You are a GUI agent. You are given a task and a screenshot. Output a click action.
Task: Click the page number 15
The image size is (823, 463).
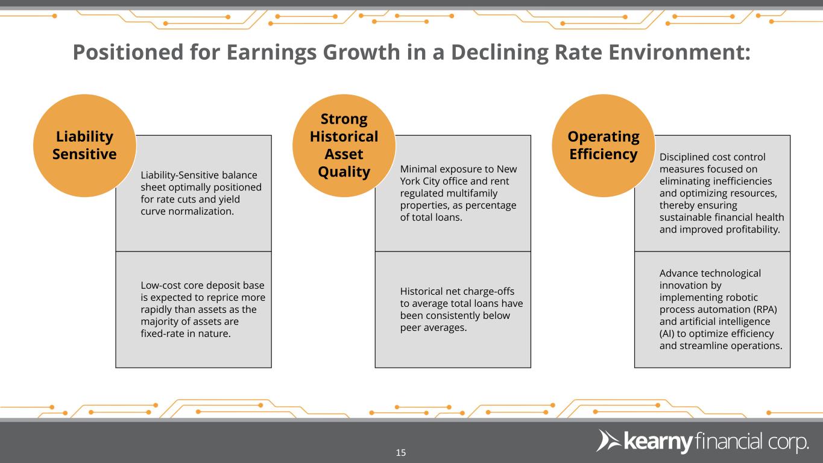401,452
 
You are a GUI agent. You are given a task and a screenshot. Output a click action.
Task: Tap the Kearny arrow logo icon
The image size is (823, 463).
609,440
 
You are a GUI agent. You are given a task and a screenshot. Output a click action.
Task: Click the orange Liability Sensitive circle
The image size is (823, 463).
84,145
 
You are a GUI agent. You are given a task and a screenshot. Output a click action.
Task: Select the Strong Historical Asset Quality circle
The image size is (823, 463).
344,145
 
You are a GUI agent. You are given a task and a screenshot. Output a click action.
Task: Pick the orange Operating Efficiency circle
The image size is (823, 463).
604,145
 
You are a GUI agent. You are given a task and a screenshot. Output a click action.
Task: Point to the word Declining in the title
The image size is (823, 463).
499,53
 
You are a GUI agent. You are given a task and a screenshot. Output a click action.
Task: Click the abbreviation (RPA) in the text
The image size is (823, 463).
765,309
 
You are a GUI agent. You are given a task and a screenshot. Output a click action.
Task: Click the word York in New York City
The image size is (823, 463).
410,181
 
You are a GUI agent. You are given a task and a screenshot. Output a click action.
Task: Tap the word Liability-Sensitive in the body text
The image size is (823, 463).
180,175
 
